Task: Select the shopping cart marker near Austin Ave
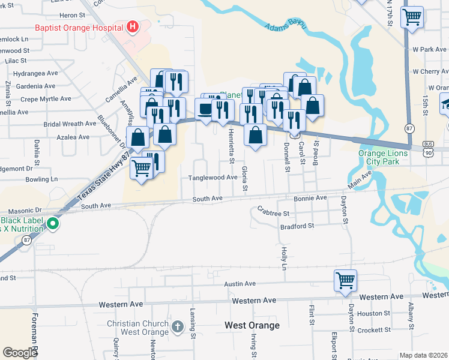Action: tap(346, 280)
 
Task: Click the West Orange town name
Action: tap(252, 325)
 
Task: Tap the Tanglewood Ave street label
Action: tap(213, 178)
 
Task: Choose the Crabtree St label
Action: tap(273, 212)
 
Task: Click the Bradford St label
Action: tap(297, 226)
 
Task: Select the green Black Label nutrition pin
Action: tap(53, 224)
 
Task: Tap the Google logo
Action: tap(20, 353)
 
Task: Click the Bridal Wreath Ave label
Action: tap(70, 124)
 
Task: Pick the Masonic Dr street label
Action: tap(20, 210)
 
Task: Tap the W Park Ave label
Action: tap(427, 49)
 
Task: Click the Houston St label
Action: tap(373, 313)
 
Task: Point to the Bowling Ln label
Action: tap(41, 179)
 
